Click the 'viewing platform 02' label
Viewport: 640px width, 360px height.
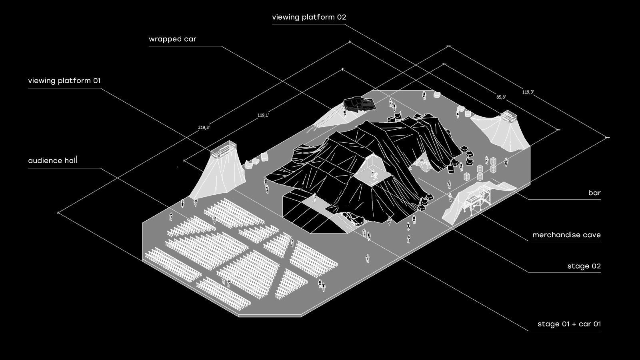pos(309,17)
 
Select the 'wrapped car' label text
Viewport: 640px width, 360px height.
pos(172,39)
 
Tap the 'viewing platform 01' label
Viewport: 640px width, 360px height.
pos(64,81)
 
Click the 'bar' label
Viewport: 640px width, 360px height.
pos(594,193)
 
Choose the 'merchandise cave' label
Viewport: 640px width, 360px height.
pos(566,235)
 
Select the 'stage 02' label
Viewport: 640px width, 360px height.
pos(584,266)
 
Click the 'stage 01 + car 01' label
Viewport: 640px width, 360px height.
pos(569,324)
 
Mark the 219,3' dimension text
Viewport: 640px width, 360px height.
pos(204,128)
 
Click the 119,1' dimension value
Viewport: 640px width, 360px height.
pos(263,115)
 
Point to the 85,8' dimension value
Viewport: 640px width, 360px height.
pos(501,97)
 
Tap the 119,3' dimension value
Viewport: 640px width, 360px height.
pos(528,92)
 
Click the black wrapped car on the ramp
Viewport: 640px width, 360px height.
pos(359,104)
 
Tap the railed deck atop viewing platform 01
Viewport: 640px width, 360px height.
pos(222,150)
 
